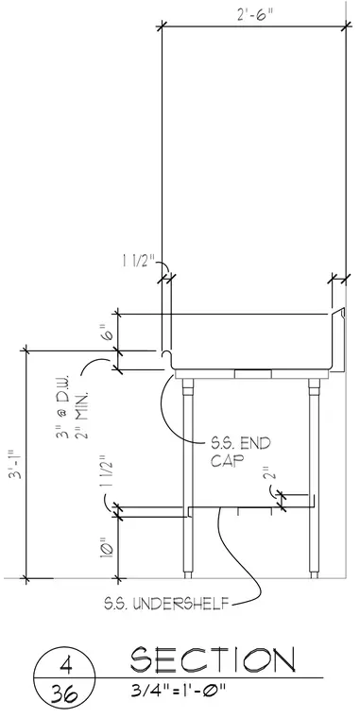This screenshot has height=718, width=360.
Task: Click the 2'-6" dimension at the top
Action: coord(255,15)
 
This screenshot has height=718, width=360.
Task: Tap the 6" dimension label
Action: coord(106,333)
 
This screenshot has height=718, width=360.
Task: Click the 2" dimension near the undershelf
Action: coord(270,472)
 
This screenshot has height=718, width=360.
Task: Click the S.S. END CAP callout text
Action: coord(240,452)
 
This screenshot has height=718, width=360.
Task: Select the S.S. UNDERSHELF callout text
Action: coord(165,604)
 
